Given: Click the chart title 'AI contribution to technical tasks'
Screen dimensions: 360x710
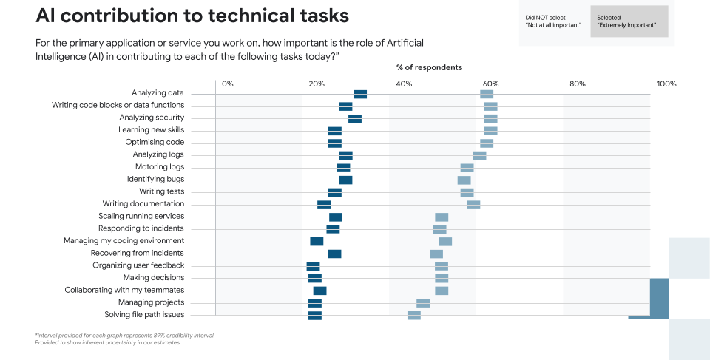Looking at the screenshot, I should point(192,16).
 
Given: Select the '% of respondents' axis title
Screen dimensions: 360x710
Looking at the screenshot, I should point(429,67).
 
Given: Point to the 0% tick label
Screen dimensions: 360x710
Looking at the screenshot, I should point(227,84).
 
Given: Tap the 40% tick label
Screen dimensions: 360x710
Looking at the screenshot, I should point(404,84).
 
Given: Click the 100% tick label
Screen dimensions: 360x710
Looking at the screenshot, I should point(666,84).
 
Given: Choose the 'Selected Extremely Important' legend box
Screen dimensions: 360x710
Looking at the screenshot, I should point(629,21).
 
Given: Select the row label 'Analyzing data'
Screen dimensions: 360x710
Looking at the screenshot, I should point(158,93).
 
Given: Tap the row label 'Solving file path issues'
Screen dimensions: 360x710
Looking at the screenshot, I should point(144,315).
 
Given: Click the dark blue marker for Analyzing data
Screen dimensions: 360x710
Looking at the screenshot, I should point(360,94).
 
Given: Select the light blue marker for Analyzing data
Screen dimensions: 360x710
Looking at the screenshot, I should point(487,94).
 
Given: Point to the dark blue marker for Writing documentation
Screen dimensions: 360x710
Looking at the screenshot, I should point(324,205).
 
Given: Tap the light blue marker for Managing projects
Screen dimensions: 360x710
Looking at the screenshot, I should point(423,303).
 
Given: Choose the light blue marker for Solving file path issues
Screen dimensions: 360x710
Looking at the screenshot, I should point(414,316).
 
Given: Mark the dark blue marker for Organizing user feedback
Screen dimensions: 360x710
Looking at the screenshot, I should point(314,266).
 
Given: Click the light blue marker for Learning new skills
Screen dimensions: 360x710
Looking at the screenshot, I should point(490,131).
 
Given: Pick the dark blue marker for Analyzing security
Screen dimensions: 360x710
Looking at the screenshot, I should point(355,118).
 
